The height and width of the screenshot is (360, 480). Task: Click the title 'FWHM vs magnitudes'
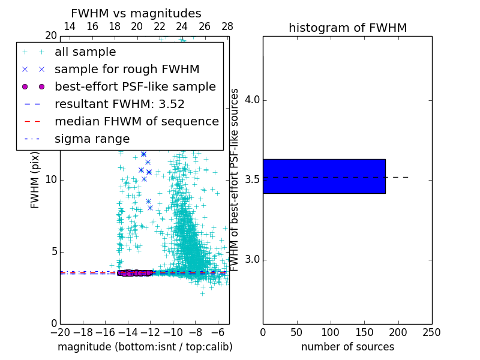pos(136,13)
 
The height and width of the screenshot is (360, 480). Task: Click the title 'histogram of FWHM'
pos(347,28)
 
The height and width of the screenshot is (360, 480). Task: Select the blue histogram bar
pos(324,176)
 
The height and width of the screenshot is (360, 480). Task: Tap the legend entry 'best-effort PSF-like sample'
pos(135,86)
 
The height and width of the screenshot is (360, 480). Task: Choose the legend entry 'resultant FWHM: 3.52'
pos(119,104)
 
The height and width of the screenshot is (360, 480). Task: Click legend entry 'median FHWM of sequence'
pos(136,121)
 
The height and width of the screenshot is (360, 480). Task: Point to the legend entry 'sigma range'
pos(92,139)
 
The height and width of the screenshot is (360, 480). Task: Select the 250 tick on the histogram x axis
pos(431,332)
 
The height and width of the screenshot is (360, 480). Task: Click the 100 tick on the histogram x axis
pos(331,332)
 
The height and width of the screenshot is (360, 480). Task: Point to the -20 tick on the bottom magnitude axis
pos(60,332)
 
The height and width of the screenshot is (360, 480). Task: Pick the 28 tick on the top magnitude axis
pos(227,26)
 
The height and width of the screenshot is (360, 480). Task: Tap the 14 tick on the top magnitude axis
pos(70,26)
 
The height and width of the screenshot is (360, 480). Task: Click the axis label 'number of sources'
pos(347,347)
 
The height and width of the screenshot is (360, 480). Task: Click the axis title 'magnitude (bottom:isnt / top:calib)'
pos(145,347)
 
